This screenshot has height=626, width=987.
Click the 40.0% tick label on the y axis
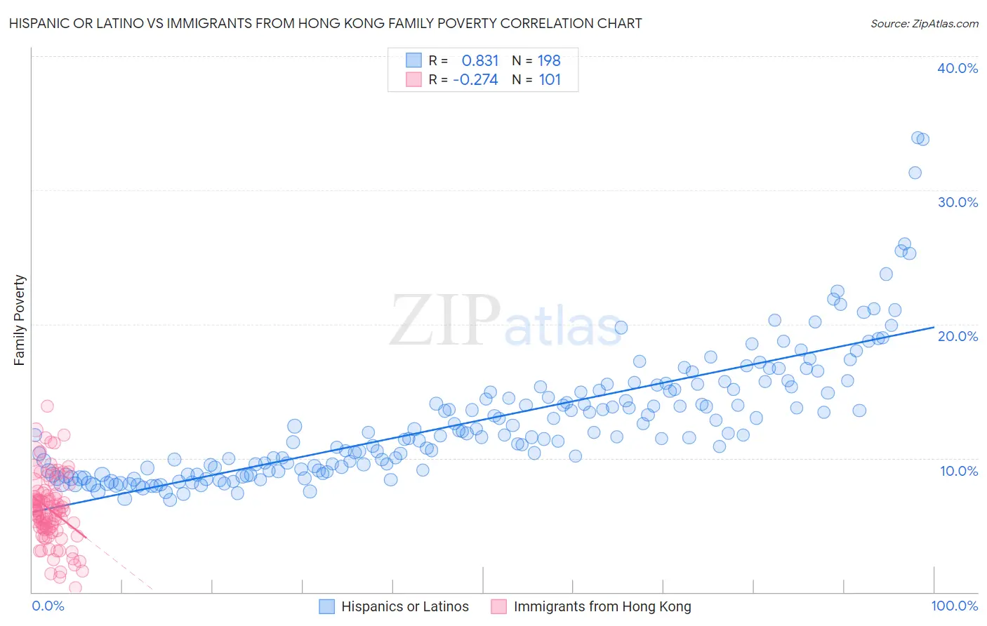(958, 68)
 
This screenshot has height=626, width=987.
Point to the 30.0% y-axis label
(958, 202)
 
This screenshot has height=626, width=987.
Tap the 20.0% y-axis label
(958, 336)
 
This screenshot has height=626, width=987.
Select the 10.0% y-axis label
(959, 471)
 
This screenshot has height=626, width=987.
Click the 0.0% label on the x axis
(48, 606)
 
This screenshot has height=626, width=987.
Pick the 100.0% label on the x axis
(954, 606)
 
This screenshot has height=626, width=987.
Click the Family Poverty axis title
(20, 320)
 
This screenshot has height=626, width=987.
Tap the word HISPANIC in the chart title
(39, 24)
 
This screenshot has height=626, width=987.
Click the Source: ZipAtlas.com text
(924, 24)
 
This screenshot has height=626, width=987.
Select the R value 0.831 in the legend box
(480, 61)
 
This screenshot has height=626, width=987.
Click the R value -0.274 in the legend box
(475, 80)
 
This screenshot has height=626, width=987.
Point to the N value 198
(549, 61)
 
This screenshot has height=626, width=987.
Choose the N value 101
(550, 80)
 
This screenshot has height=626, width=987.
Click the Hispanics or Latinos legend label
(405, 606)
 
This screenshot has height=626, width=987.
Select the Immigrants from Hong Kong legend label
(602, 606)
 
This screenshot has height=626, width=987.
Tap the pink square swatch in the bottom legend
(499, 606)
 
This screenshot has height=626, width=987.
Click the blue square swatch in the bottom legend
(326, 606)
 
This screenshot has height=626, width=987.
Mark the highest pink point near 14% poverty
(47, 406)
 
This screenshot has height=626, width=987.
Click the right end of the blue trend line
(934, 327)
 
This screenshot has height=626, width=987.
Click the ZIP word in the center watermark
(444, 321)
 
